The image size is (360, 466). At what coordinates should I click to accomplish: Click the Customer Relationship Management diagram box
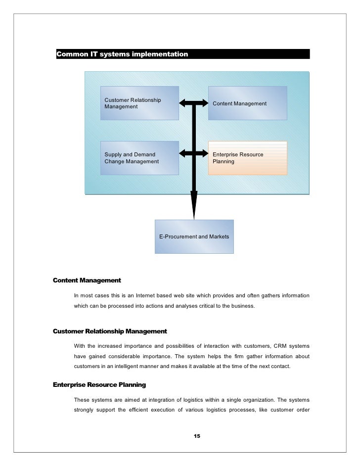pyautogui.click(x=139, y=103)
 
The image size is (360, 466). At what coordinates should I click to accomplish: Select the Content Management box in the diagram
pyautogui.click(x=247, y=103)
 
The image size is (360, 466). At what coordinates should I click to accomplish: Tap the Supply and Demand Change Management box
pyautogui.click(x=139, y=158)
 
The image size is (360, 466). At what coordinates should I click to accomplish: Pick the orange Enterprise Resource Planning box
pyautogui.click(x=247, y=158)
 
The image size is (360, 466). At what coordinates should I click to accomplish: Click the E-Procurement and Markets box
pyautogui.click(x=194, y=237)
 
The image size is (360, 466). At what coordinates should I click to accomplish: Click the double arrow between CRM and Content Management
pyautogui.click(x=194, y=103)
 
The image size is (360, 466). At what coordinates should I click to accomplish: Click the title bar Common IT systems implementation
pyautogui.click(x=183, y=53)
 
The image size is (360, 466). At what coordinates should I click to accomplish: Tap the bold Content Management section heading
pyautogui.click(x=87, y=280)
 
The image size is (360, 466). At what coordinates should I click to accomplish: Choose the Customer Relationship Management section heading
pyautogui.click(x=110, y=331)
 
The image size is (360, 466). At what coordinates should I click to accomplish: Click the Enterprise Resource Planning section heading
pyautogui.click(x=99, y=384)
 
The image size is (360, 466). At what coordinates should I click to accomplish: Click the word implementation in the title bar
pyautogui.click(x=160, y=53)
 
